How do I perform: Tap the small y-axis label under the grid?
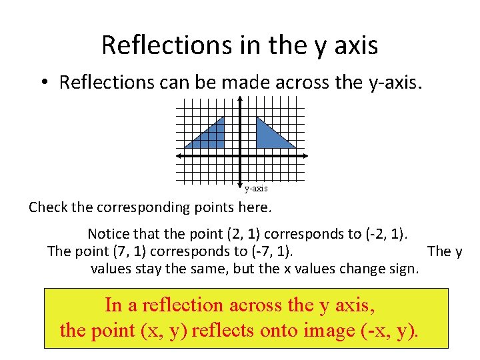(255, 189)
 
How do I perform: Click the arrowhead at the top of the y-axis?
(240, 99)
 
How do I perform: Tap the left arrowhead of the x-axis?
(179, 155)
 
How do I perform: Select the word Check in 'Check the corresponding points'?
(48, 207)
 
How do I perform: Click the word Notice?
(109, 234)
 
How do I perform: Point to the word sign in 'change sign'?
(405, 269)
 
